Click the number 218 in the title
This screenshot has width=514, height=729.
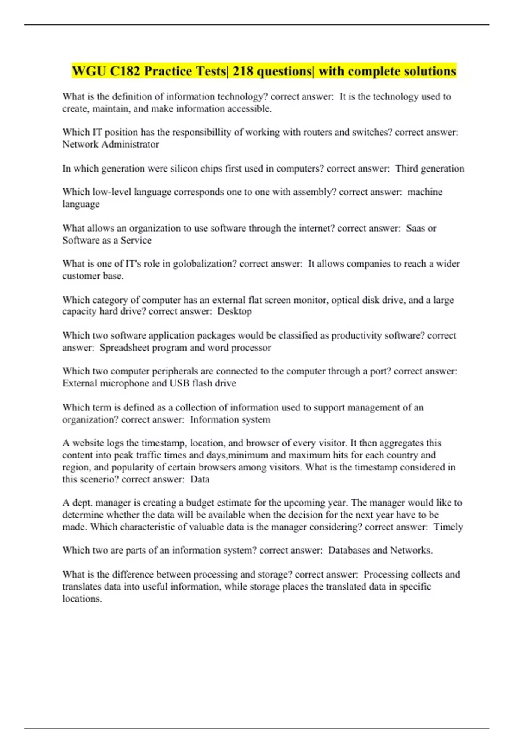(243, 71)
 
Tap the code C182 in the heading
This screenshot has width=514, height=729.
(125, 71)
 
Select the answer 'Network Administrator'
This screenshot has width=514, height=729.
(111, 144)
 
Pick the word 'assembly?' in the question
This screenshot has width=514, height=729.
(314, 192)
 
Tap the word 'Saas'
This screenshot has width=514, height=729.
(415, 228)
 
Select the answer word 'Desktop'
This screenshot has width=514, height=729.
(234, 311)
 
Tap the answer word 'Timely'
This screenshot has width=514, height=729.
(448, 527)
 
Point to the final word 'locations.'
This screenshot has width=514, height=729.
(82, 599)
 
